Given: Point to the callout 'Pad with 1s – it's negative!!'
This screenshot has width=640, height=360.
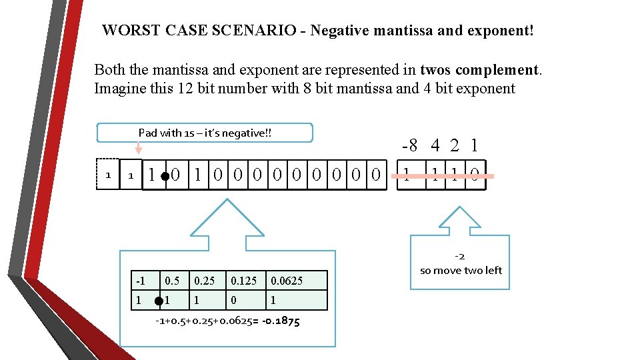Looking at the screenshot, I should pos(205,133).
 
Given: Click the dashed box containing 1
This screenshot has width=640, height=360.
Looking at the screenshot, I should pos(108,175).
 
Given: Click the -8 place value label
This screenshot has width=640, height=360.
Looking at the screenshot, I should pos(410,145).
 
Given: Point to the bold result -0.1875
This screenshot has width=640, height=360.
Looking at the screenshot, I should pos(279,321).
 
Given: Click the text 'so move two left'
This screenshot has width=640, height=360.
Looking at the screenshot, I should pos(461,270).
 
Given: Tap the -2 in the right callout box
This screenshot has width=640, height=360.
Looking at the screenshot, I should pos(459,256).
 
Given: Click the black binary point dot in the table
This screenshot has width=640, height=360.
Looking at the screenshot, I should pos(159,301).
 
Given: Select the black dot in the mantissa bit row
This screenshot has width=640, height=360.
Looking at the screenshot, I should pos(165,178).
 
